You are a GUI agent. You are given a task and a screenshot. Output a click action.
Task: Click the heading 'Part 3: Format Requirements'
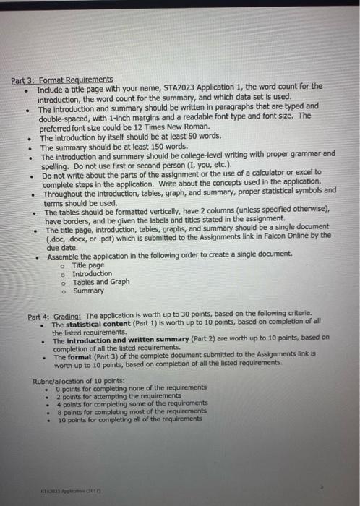pyautogui.click(x=61, y=79)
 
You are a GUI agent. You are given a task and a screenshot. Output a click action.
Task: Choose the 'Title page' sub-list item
pyautogui.click(x=88, y=265)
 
